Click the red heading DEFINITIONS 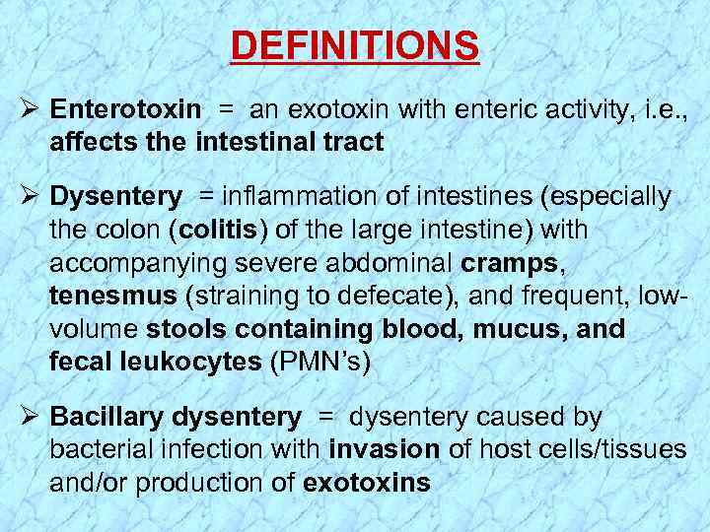pos(355,45)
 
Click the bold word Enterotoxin pos(125,109)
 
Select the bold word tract pos(352,143)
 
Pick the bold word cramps pos(501,263)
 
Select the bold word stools pos(186,329)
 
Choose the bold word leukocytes pos(191,363)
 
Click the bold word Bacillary pos(107,418)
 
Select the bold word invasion pos(385,450)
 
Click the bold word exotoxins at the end pos(367,484)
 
